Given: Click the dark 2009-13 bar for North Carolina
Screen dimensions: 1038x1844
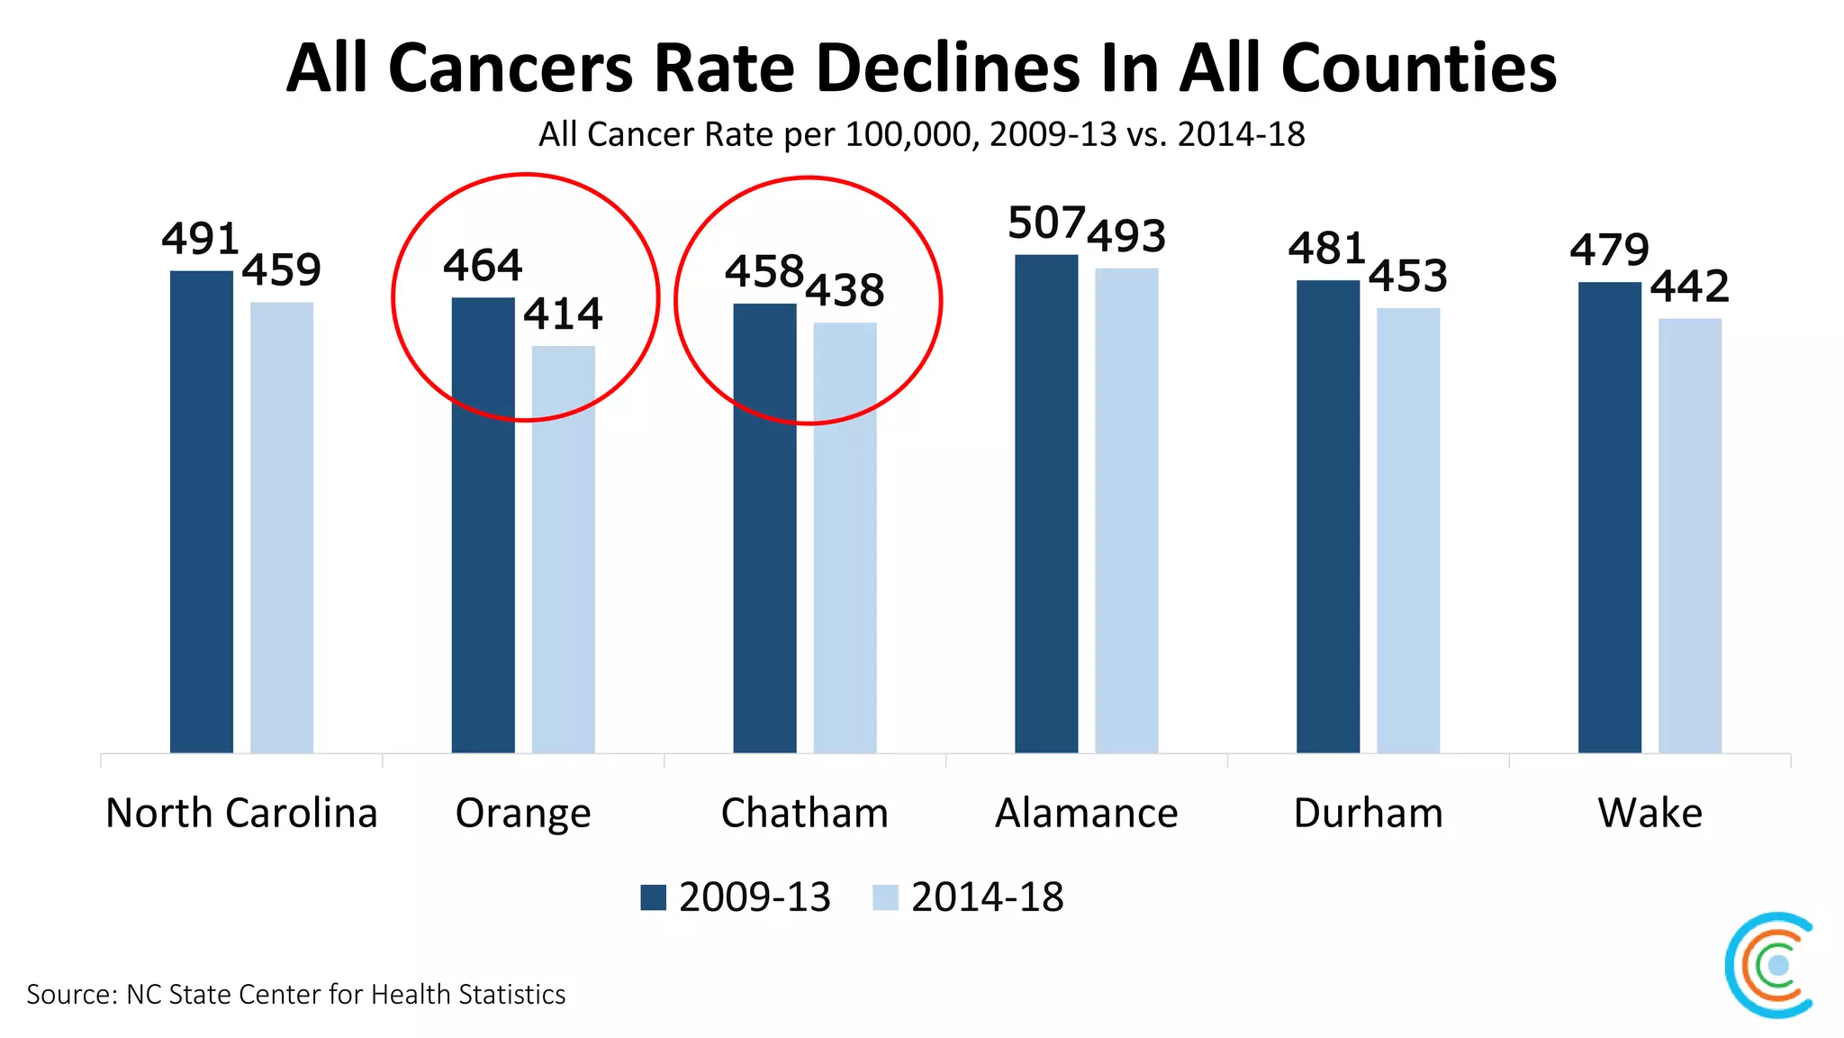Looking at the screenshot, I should tap(201, 511).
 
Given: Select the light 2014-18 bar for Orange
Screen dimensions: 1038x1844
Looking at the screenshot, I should tap(563, 549).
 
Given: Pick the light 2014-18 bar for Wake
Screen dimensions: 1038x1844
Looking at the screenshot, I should tap(1689, 535).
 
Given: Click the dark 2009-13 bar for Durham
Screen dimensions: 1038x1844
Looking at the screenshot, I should tap(1327, 515).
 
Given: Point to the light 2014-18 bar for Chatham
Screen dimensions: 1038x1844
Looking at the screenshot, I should tap(845, 537).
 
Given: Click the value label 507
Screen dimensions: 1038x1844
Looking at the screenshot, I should tap(1045, 223).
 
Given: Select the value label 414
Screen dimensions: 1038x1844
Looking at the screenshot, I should tap(563, 314).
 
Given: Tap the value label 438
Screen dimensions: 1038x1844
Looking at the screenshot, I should tap(845, 290).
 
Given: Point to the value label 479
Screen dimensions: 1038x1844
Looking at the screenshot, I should tap(1609, 250).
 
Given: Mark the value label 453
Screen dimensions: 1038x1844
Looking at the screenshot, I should tap(1407, 276).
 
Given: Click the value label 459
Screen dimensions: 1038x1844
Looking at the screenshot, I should tap(281, 269).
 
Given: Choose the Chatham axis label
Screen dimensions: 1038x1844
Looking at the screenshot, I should tap(804, 813).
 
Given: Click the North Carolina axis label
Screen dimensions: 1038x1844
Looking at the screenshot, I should tap(241, 813).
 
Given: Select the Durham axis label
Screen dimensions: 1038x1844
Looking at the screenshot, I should tap(1368, 813).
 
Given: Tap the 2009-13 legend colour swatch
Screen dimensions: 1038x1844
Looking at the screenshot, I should tap(653, 897).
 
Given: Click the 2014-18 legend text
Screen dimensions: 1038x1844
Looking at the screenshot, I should tap(987, 897).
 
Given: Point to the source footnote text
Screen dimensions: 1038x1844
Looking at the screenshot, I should tap(295, 994).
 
